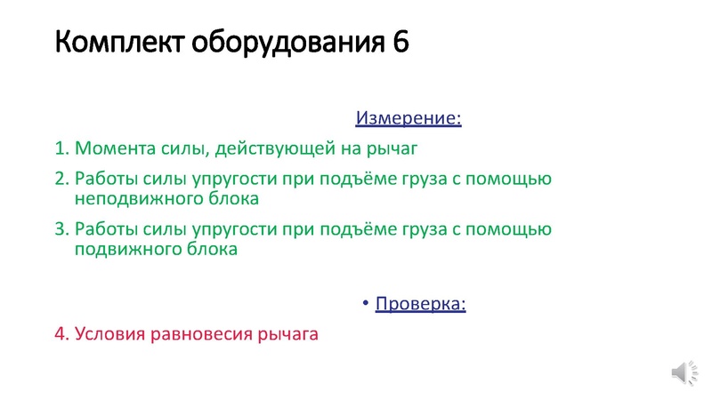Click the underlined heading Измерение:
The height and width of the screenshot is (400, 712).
[409, 117]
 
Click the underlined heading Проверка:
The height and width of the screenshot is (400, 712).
[421, 304]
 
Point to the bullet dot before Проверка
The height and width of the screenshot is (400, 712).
[366, 304]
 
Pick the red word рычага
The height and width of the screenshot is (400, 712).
[287, 335]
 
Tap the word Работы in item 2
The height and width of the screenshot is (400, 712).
[106, 180]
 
